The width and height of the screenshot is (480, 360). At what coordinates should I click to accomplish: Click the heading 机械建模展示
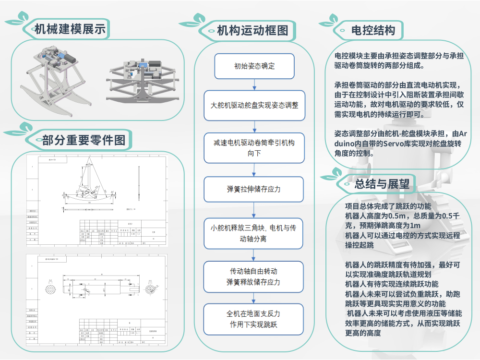coord(70,29)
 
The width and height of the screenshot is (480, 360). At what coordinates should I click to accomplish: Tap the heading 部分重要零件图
coord(84,140)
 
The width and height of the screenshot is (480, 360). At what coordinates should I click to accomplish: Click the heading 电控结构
coord(373,31)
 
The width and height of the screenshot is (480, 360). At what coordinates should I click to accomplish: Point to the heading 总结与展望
coord(382,184)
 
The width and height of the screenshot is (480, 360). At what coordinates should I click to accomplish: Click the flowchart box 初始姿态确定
coord(254,66)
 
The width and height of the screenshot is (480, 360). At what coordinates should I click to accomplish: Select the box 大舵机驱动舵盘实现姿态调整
coord(254,104)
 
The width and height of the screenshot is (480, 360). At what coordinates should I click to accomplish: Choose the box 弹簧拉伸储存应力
coord(254,189)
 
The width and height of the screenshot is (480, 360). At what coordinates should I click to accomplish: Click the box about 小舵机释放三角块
coord(254,233)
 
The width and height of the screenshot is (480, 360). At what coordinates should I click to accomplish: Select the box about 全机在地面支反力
coord(254,319)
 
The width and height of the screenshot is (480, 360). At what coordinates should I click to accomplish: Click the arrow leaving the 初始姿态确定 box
coord(254,84)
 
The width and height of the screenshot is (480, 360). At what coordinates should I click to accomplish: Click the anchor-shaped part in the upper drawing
coord(91,185)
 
